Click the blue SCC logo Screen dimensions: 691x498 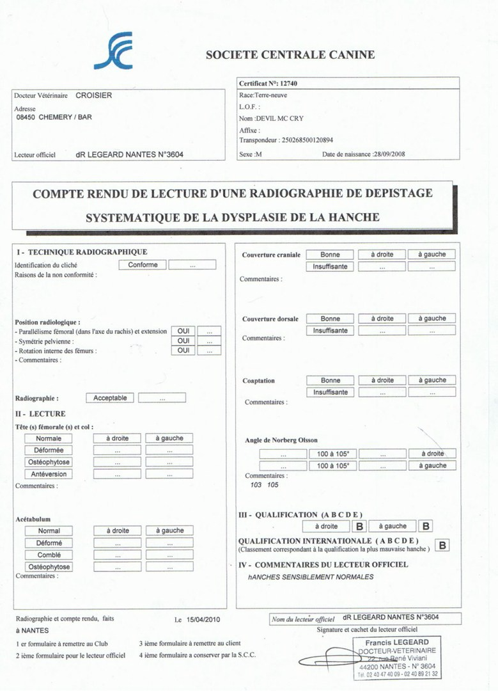[113, 51]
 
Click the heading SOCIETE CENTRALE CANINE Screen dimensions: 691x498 [290, 55]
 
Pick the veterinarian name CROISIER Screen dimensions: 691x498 [94, 96]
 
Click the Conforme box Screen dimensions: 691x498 [143, 264]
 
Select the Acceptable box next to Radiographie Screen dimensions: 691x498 [110, 398]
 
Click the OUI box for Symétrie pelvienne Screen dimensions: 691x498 [183, 341]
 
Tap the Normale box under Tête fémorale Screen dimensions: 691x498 [49, 438]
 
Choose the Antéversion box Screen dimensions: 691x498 [49, 474]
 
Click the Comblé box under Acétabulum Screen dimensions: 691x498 [49, 555]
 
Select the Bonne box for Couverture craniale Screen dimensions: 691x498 [330, 255]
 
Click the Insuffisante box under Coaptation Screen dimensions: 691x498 [330, 392]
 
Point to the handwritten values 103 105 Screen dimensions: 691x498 [264, 485]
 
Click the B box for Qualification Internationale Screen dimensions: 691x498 [442, 545]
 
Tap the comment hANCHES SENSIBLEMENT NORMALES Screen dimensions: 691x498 [311, 577]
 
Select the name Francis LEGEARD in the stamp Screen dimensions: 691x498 [397, 642]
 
